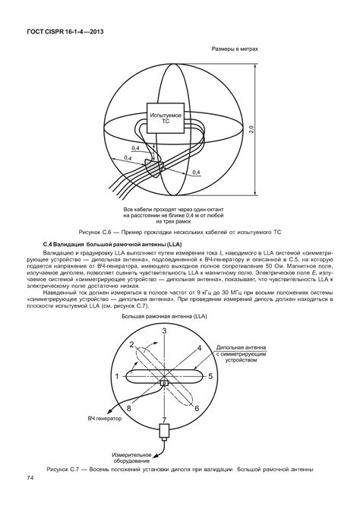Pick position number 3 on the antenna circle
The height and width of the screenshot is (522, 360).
[164, 331]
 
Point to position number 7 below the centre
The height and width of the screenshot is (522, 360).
[164, 420]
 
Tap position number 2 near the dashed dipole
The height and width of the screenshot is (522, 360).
[131, 345]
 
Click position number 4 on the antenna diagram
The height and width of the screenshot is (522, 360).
[199, 347]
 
